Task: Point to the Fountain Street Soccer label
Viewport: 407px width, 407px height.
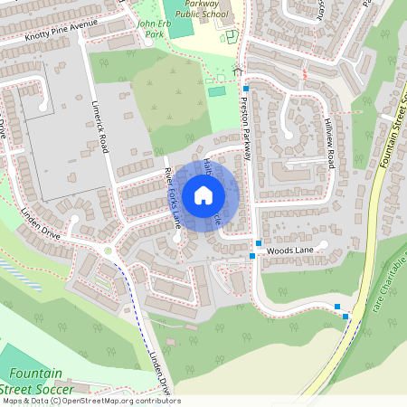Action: tap(43, 381)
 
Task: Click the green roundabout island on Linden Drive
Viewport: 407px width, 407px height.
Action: tap(109, 250)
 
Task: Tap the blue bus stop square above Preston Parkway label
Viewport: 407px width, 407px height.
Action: tap(245, 88)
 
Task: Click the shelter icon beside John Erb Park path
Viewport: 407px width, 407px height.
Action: tap(238, 71)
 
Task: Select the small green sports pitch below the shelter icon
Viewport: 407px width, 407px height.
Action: tap(217, 90)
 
